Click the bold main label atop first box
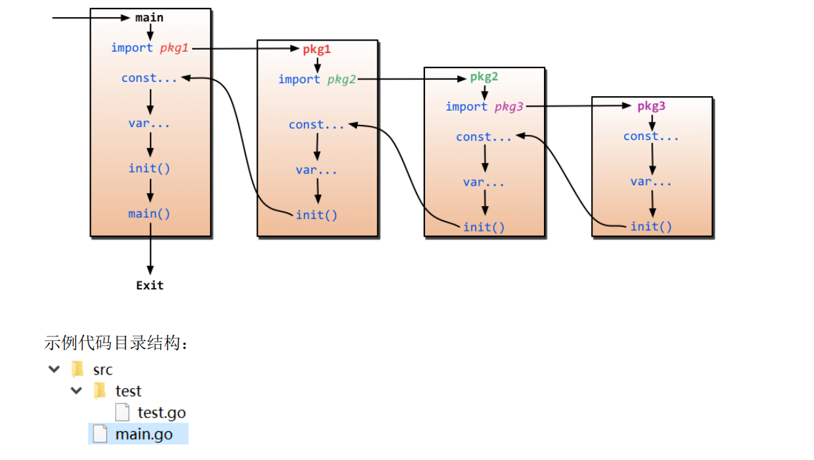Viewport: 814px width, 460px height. (149, 18)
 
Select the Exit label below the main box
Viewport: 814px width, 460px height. (150, 285)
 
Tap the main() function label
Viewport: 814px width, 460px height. (150, 213)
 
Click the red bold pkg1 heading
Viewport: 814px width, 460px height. (316, 49)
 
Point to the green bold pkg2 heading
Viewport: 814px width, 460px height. (484, 77)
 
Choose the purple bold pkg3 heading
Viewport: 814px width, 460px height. (651, 106)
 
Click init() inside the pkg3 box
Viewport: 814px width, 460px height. (651, 226)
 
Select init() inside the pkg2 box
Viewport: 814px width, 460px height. (484, 227)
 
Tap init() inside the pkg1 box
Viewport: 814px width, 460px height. (316, 215)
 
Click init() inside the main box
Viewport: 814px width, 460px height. (150, 168)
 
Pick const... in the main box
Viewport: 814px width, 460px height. (149, 78)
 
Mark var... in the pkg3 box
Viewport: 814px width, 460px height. (651, 181)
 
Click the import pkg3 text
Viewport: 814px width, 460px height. (484, 107)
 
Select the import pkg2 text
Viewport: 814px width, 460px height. (317, 79)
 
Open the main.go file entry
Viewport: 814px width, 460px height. (144, 434)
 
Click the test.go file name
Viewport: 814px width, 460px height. (161, 413)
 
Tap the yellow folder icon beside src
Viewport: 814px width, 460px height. (78, 369)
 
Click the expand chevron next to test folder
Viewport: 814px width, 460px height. (76, 391)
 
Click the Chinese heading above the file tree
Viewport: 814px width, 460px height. (116, 342)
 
